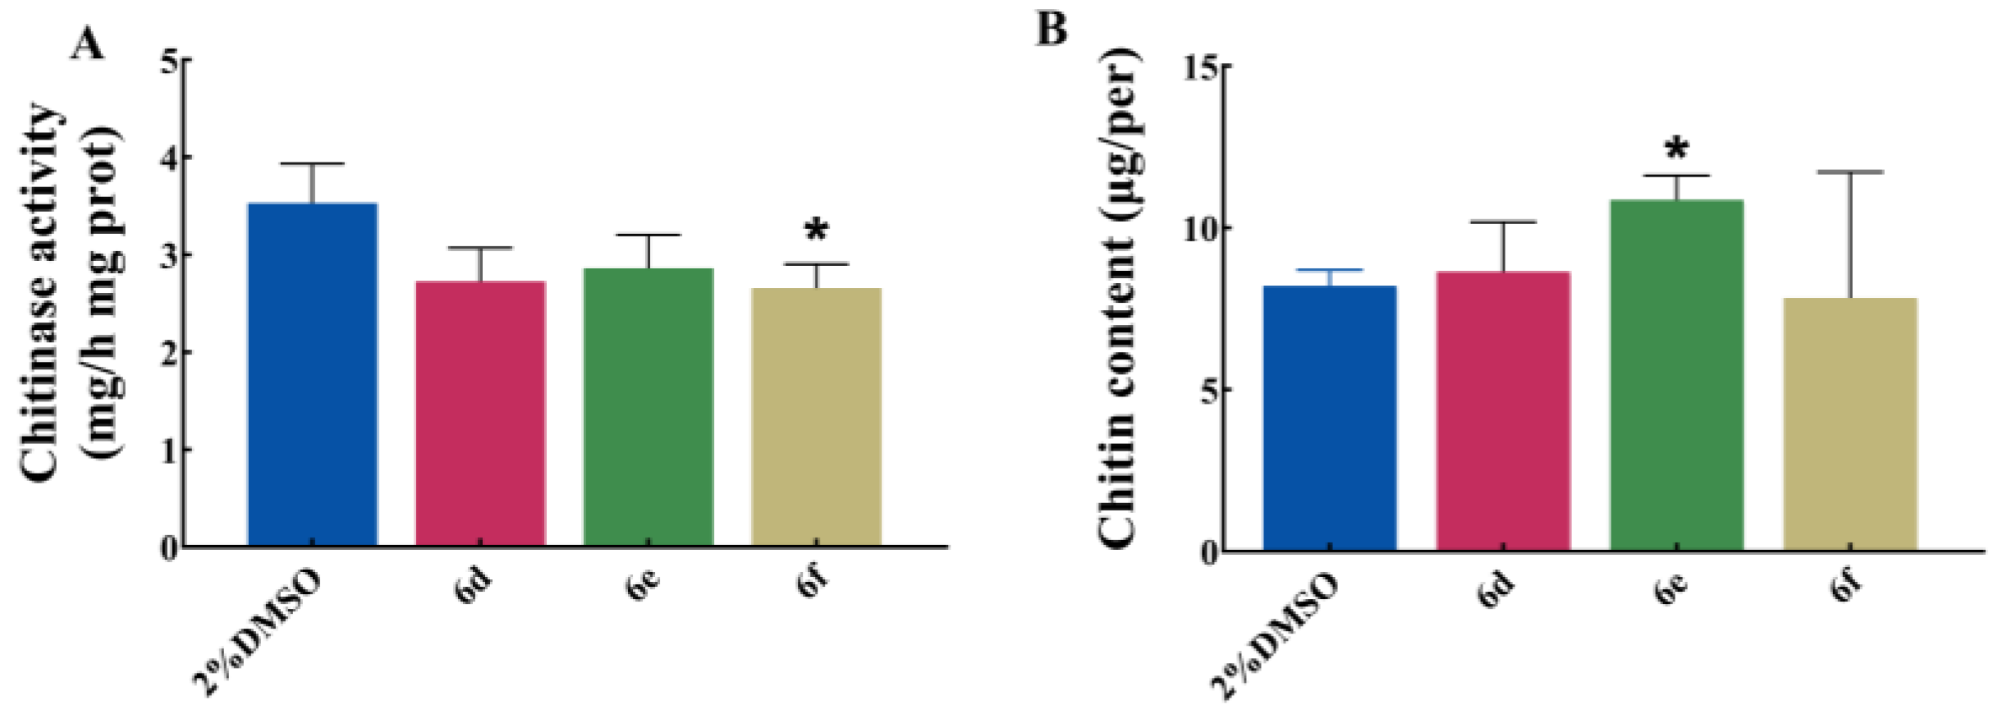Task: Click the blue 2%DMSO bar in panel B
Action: click(x=1329, y=418)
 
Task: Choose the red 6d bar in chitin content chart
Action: click(x=1502, y=410)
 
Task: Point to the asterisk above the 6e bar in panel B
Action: click(x=1676, y=150)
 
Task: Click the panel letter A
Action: click(x=88, y=43)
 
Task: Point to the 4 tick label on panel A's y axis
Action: click(x=168, y=157)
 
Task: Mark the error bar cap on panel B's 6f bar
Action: click(x=1850, y=172)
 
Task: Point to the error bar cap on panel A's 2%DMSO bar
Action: click(x=312, y=164)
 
